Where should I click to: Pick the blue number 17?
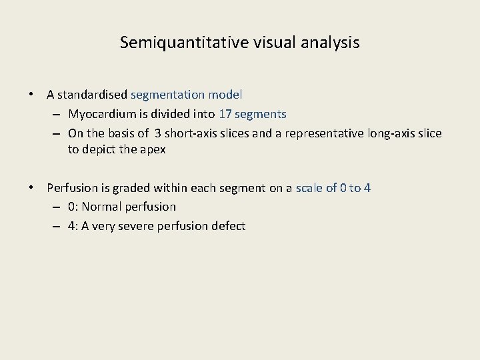tap(225, 115)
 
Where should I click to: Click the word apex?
tap(153, 150)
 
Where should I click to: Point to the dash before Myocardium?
tap(56, 115)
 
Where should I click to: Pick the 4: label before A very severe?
tap(73, 226)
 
